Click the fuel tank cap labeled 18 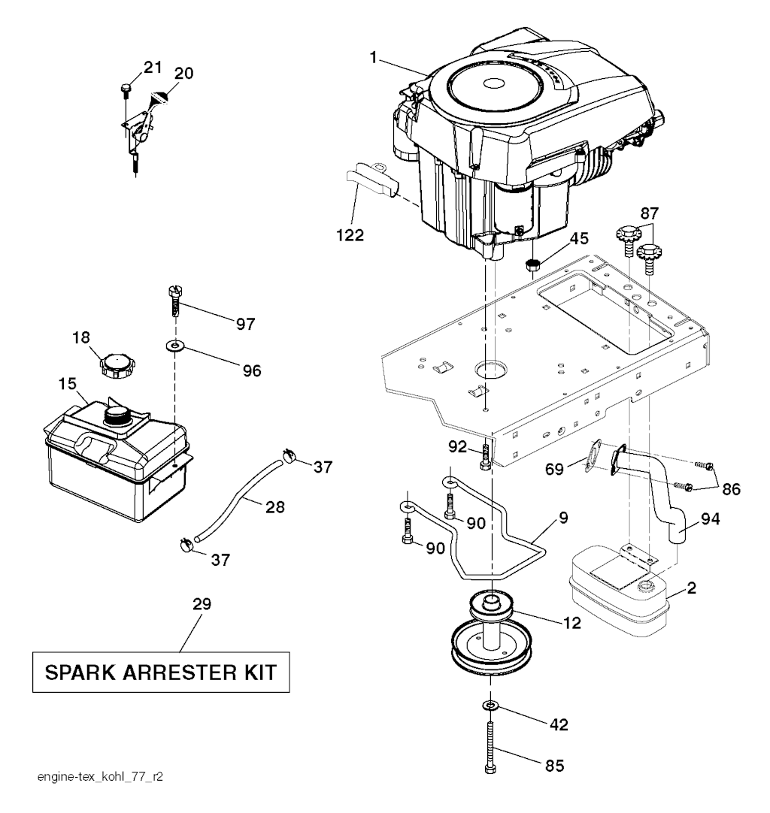[x=115, y=366]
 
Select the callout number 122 [x=350, y=235]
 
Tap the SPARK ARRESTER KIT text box [x=161, y=672]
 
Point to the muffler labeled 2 [x=620, y=591]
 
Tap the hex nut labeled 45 [x=532, y=264]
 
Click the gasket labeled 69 [x=593, y=457]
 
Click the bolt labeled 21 [x=126, y=90]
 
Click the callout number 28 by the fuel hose [x=274, y=506]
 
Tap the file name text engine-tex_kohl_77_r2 [x=99, y=777]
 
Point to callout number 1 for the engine [x=372, y=58]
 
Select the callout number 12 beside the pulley [x=571, y=623]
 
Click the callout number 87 [x=649, y=213]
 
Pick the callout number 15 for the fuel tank [x=68, y=384]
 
